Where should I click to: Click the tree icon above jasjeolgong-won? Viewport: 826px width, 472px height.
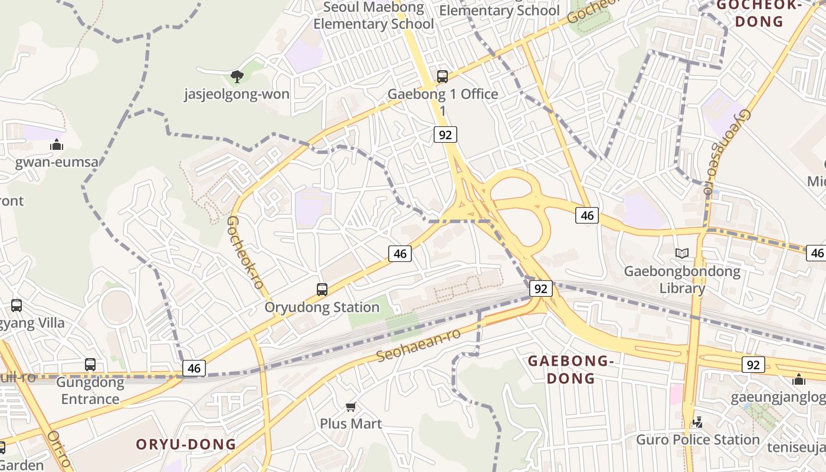tap(237, 76)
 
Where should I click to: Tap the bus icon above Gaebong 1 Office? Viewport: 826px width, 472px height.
tap(442, 76)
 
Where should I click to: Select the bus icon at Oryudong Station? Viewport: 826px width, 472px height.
tap(322, 289)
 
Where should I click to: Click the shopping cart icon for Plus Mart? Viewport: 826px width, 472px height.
tap(351, 407)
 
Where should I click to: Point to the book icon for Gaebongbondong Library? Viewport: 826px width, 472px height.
tap(682, 253)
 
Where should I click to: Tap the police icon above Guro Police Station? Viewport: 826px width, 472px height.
tap(698, 422)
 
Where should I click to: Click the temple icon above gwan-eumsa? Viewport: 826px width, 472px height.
tap(57, 145)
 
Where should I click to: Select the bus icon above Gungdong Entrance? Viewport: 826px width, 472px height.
tap(90, 364)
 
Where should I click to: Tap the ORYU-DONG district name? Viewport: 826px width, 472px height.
tap(186, 444)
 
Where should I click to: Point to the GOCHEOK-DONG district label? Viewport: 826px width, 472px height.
tap(758, 14)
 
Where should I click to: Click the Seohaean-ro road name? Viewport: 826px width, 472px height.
tap(418, 346)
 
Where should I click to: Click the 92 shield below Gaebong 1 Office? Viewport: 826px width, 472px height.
tap(445, 135)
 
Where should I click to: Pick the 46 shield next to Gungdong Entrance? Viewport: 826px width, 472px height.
tap(194, 368)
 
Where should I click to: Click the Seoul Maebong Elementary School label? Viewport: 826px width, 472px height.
tap(373, 16)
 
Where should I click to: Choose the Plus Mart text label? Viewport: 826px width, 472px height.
tap(351, 424)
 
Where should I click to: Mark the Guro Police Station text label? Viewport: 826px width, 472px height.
tap(697, 440)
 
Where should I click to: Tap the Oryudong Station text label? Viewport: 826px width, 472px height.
tap(322, 307)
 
